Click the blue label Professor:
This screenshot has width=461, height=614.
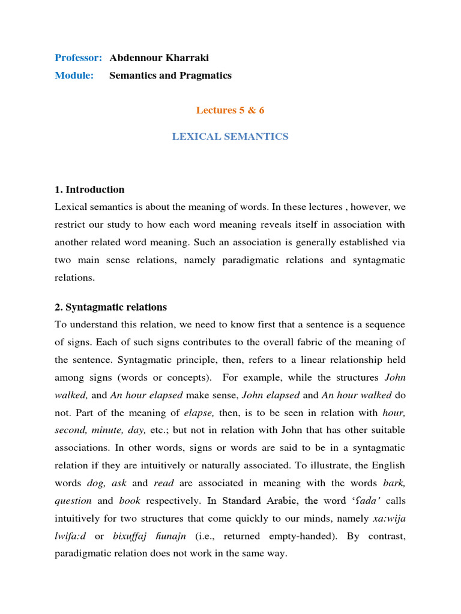tap(78, 58)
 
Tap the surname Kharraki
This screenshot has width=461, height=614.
tap(185, 58)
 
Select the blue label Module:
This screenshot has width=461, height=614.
tap(74, 76)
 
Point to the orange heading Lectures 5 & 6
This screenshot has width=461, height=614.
tap(230, 110)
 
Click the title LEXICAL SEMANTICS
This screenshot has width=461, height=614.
tap(230, 137)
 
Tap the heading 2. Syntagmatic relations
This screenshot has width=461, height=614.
tap(110, 307)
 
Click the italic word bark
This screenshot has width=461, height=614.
tap(393, 483)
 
